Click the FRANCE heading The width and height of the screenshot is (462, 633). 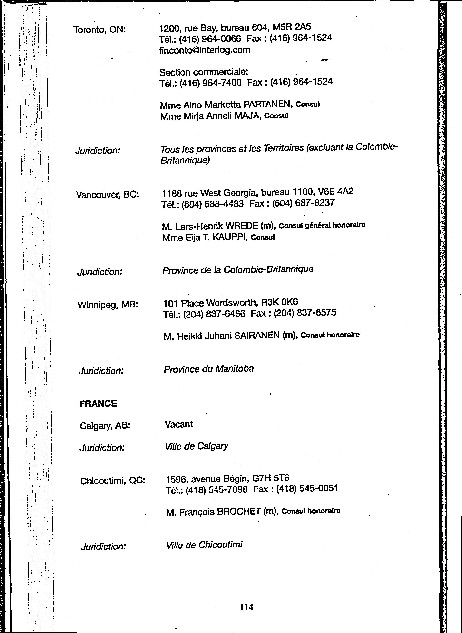pos(98,403)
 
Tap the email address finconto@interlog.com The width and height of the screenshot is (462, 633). pos(205,50)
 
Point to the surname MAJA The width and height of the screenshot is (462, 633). pos(246,116)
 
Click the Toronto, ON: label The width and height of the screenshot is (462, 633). pos(99,29)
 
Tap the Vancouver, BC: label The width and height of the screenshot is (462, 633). pos(107,194)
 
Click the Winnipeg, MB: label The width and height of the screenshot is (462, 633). pos(108,304)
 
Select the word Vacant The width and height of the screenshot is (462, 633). pos(179,424)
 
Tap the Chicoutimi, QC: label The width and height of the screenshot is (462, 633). pos(113,481)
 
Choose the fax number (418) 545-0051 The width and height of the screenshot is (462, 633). pos(307,488)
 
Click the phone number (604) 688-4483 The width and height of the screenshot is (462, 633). pos(213,204)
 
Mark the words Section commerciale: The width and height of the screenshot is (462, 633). pos(204,72)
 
